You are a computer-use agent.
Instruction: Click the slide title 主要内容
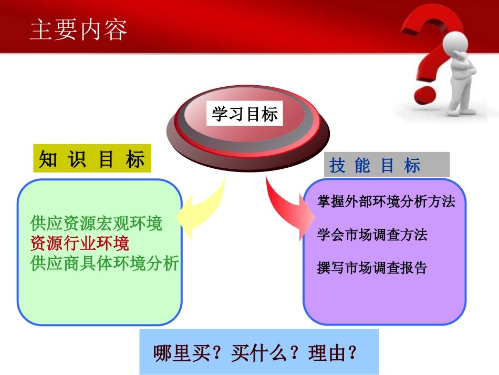(x=79, y=30)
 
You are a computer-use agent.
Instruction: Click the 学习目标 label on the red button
(x=245, y=114)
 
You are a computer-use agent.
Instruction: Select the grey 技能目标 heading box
(x=387, y=165)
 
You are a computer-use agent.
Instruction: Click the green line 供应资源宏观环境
(x=97, y=224)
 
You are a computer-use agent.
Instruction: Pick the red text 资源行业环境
(x=80, y=244)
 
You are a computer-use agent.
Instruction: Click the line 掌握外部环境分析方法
(x=386, y=201)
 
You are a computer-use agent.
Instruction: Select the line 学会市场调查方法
(x=372, y=235)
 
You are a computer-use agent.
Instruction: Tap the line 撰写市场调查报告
(x=372, y=268)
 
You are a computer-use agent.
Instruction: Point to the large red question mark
(x=428, y=47)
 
